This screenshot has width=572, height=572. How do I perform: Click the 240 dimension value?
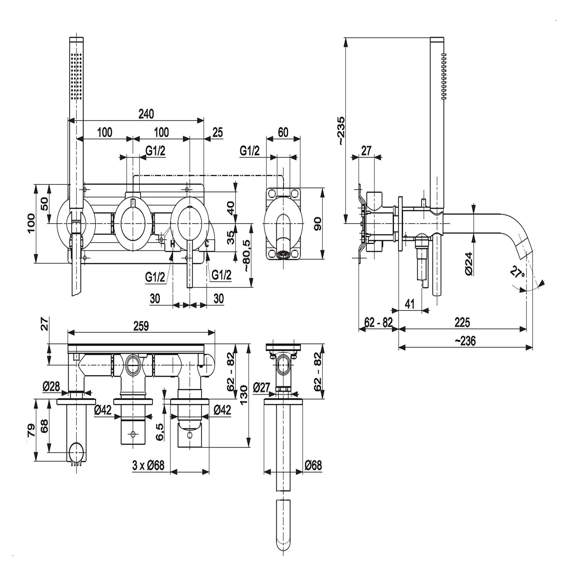[x=146, y=114]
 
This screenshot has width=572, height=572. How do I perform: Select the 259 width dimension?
[x=141, y=326]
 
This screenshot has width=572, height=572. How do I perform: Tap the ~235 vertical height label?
[x=341, y=130]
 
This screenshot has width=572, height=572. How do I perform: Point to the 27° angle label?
[x=517, y=273]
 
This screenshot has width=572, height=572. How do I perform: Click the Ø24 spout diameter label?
[x=469, y=263]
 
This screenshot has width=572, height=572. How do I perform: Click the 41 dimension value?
[x=409, y=304]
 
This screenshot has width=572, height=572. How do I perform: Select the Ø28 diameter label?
[x=51, y=386]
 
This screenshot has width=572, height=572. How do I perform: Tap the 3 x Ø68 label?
[x=148, y=465]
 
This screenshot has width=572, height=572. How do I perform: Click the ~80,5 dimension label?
[x=247, y=256]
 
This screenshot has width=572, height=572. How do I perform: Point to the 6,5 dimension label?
[x=160, y=432]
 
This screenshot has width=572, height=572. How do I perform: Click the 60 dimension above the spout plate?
[x=283, y=132]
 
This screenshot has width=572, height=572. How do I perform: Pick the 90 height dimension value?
[x=317, y=223]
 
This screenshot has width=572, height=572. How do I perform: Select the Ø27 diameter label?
[x=261, y=387]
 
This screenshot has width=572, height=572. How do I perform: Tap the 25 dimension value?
[x=217, y=132]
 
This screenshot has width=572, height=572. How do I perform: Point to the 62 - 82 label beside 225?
[x=378, y=322]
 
